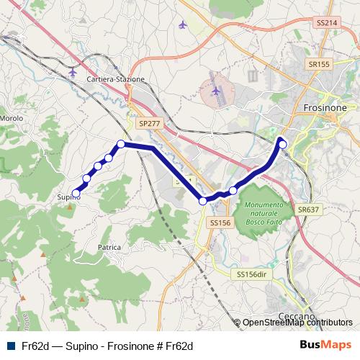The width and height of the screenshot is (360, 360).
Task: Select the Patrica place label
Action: point(109,247)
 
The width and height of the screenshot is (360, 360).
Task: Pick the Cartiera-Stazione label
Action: point(115,79)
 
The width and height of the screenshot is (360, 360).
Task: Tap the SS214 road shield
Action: point(326,23)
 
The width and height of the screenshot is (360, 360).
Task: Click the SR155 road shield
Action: point(319,64)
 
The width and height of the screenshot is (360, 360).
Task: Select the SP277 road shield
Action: point(150,124)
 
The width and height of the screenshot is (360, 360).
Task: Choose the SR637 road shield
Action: point(307,210)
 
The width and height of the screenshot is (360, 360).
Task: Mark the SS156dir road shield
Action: point(251,274)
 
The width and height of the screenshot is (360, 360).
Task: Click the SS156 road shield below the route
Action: point(220,223)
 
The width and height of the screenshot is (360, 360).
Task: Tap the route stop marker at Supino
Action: point(76,193)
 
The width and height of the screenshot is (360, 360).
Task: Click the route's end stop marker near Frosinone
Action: point(283,145)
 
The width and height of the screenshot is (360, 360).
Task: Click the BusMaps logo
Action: point(325,346)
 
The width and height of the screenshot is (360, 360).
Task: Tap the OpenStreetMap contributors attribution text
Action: point(297,323)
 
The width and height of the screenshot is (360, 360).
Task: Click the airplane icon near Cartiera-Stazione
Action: point(73,72)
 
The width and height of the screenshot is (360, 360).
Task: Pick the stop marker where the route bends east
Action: point(121,144)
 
